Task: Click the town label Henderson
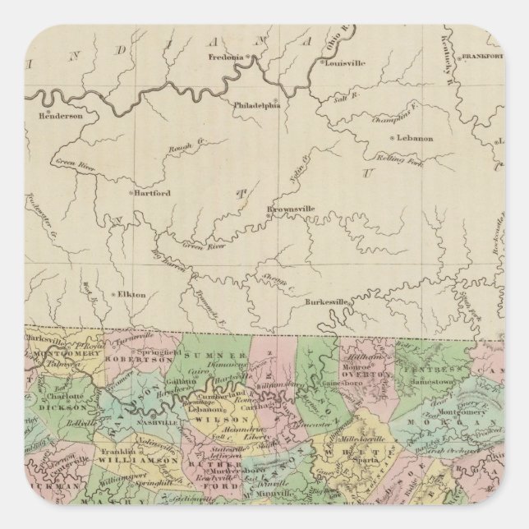(62, 116)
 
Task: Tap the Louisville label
(346, 62)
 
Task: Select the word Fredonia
(228, 57)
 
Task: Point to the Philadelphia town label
(257, 105)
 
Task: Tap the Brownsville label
(292, 209)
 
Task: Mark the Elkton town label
(131, 293)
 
